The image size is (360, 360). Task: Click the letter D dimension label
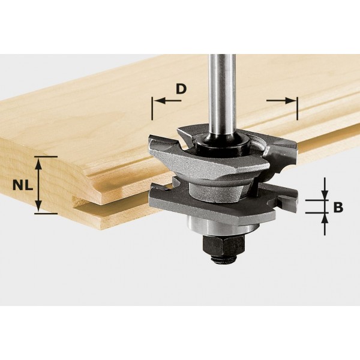click(181, 89)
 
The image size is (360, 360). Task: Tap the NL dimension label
click(20, 185)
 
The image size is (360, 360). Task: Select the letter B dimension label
click(338, 208)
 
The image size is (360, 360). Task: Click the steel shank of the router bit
click(219, 84)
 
